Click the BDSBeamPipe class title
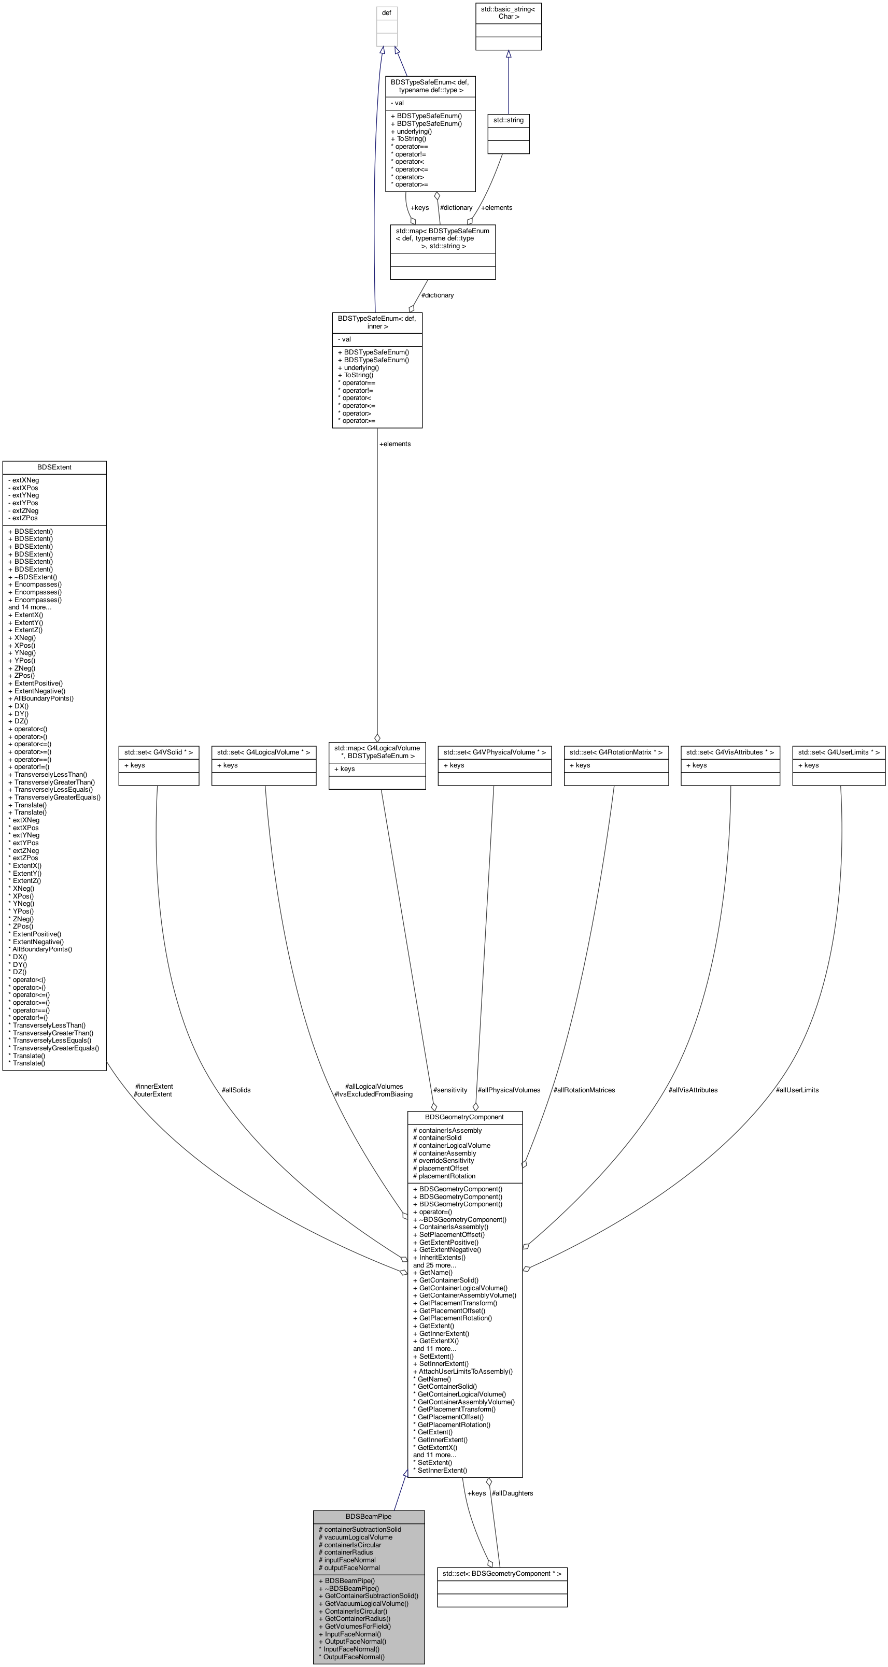pyautogui.click(x=368, y=1516)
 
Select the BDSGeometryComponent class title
pyautogui.click(x=464, y=1117)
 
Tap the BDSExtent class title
pyautogui.click(x=54, y=466)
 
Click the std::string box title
pyautogui.click(x=508, y=120)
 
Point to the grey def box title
pyautogui.click(x=386, y=13)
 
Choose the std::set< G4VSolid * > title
pyautogui.click(x=159, y=752)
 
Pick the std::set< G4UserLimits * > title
pyautogui.click(x=839, y=752)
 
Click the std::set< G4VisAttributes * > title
pyautogui.click(x=730, y=752)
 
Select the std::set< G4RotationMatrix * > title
pyautogui.click(x=616, y=752)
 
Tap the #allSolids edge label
pyautogui.click(x=235, y=1090)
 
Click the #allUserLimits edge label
pyautogui.click(x=797, y=1090)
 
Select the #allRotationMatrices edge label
pyautogui.click(x=584, y=1090)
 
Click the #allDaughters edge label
pyautogui.click(x=512, y=1493)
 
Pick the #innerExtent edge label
pyautogui.click(x=154, y=1086)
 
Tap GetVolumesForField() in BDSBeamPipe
pyautogui.click(x=355, y=1626)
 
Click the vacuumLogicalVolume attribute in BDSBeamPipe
pyautogui.click(x=355, y=1537)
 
